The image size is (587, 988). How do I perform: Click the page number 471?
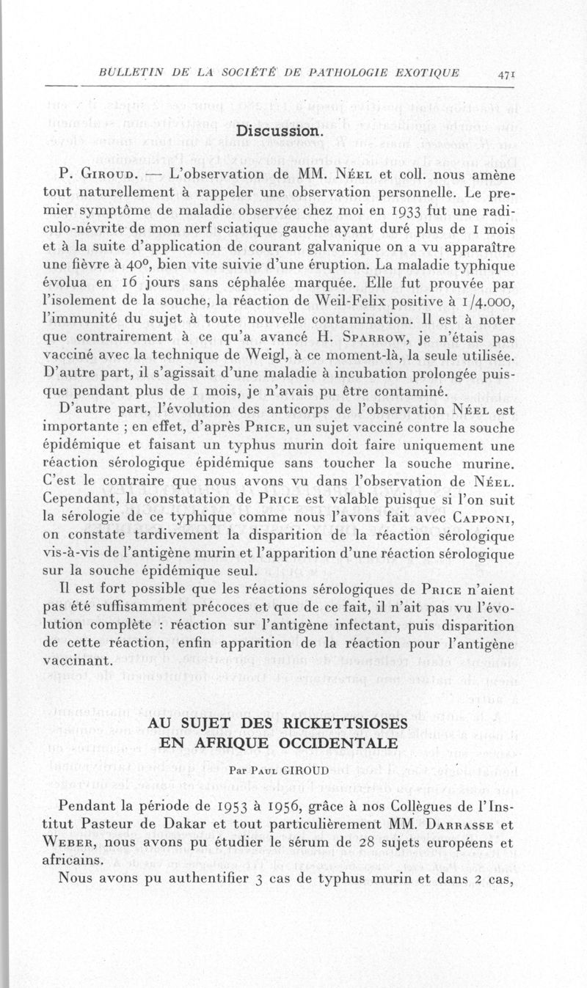point(506,74)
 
